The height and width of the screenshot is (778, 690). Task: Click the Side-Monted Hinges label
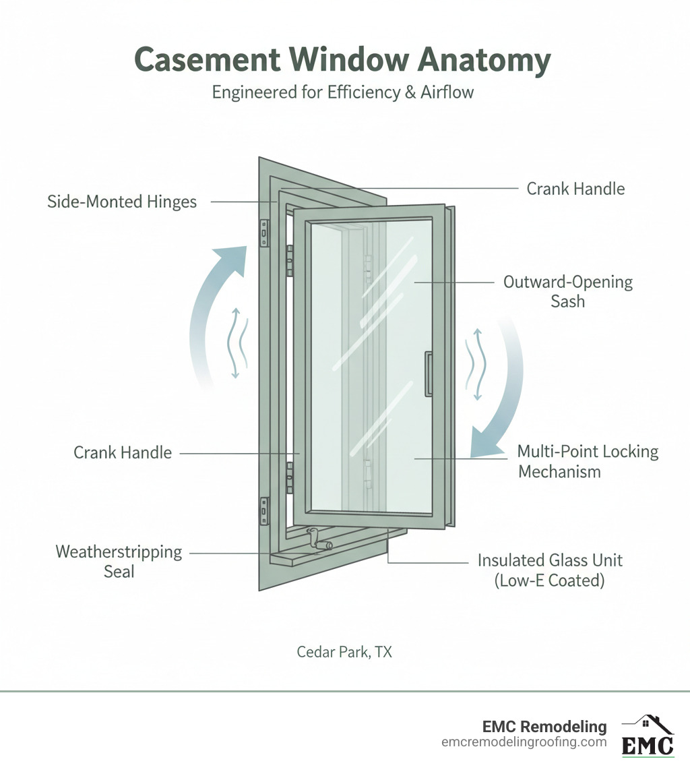pos(122,202)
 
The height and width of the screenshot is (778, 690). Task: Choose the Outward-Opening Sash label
pos(567,291)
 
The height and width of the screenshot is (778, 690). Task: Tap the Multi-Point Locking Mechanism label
pos(588,461)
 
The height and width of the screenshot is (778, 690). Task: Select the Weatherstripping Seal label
pos(119,562)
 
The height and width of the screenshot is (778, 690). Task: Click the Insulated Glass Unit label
pos(550,570)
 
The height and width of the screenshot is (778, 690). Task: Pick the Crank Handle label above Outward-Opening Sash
pos(575,189)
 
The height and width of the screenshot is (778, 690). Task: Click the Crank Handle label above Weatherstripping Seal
pos(123,452)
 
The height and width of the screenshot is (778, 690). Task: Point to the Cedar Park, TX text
pos(344,652)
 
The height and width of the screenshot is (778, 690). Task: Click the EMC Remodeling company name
pos(544,727)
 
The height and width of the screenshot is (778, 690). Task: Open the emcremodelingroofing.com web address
pos(524,742)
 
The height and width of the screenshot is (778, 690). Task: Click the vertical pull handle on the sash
pos(427,373)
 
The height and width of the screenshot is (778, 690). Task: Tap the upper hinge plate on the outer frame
pos(265,233)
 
